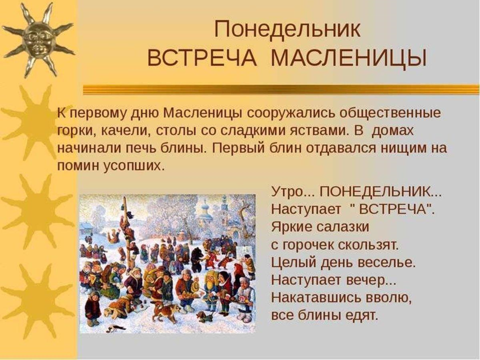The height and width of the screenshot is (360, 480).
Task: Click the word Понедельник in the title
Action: tap(287, 29)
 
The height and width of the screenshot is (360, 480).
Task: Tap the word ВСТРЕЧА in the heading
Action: tap(202, 58)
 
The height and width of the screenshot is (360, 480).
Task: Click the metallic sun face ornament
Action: tap(38, 39)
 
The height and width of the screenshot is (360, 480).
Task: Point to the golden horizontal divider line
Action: tap(281, 89)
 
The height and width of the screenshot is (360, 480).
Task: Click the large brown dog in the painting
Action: tap(164, 310)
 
